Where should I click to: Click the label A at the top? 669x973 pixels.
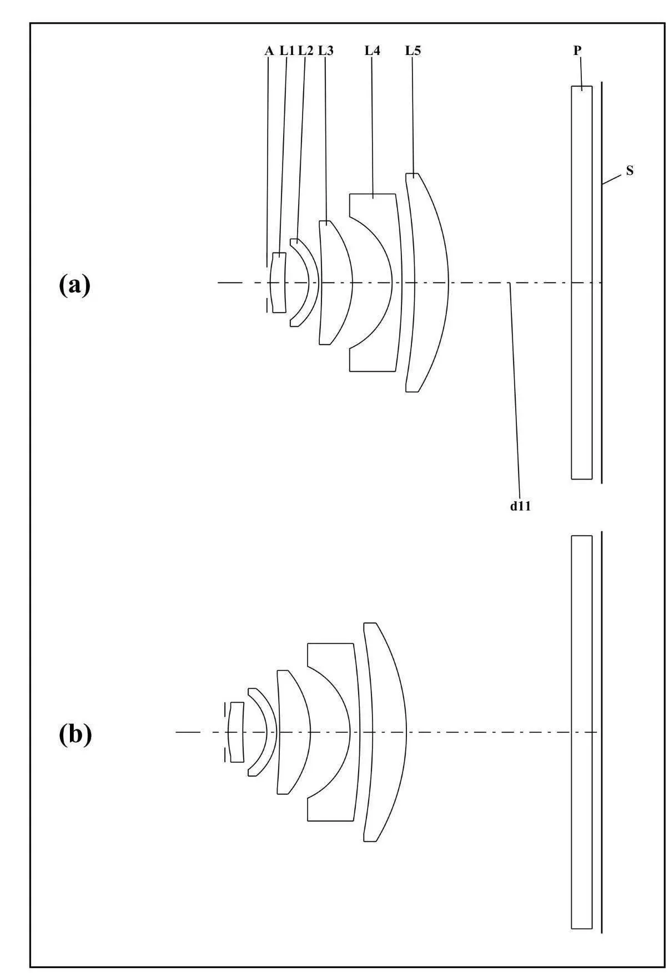coord(269,51)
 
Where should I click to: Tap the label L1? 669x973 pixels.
coord(286,51)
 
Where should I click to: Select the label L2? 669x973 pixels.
coord(305,51)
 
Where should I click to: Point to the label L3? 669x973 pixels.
coord(326,51)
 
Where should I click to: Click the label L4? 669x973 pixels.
coord(372,51)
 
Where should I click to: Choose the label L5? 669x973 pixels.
coord(413,51)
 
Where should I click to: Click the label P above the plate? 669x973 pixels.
coord(577,51)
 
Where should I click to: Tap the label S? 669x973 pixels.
coord(630,171)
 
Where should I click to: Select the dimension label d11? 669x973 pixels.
coord(521,506)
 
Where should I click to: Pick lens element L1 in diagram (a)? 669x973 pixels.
coord(278,282)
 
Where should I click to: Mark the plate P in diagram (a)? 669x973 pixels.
coord(581,282)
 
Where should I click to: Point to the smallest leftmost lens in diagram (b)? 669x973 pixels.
coord(237,732)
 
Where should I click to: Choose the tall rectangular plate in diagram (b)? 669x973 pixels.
coord(581,733)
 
